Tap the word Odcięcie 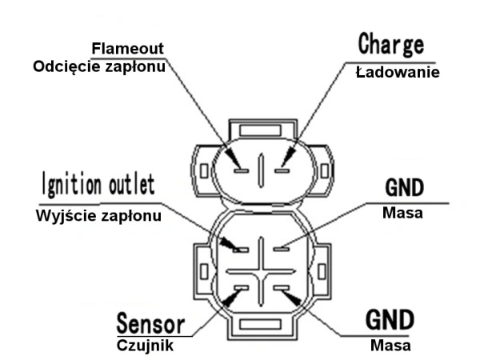click(x=68, y=67)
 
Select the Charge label click(x=390, y=45)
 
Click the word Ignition click(x=70, y=185)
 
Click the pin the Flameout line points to click(x=238, y=170)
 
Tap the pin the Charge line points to click(x=282, y=170)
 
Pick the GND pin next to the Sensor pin click(x=281, y=287)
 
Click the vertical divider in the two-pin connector click(x=260, y=170)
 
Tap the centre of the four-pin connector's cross click(x=260, y=268)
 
